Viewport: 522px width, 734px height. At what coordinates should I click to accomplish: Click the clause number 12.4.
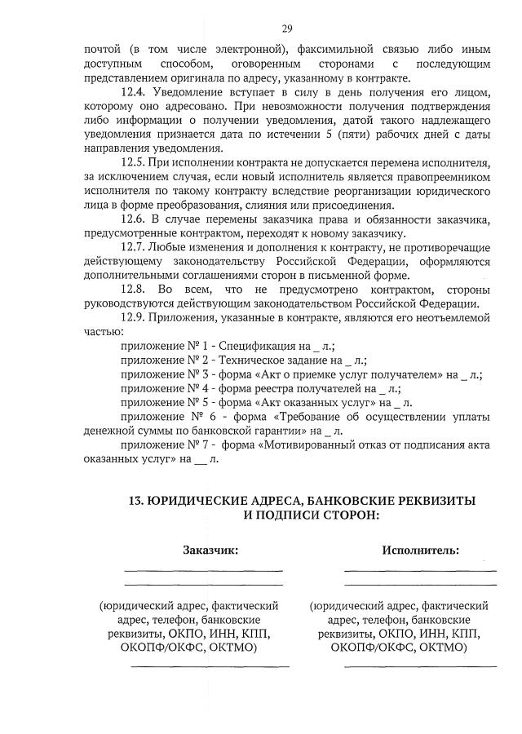(132, 92)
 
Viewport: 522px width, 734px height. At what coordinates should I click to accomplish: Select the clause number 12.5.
(132, 163)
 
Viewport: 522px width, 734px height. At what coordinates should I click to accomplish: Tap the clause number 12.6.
(132, 219)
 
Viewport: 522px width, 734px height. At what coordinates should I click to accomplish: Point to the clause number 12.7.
(132, 247)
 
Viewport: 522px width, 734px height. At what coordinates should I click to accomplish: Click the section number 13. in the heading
(136, 501)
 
